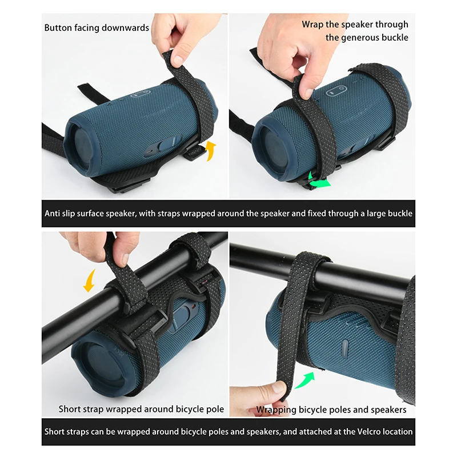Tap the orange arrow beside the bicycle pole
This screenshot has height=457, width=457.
click(x=89, y=280)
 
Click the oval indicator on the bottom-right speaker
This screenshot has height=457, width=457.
click(x=344, y=349)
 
